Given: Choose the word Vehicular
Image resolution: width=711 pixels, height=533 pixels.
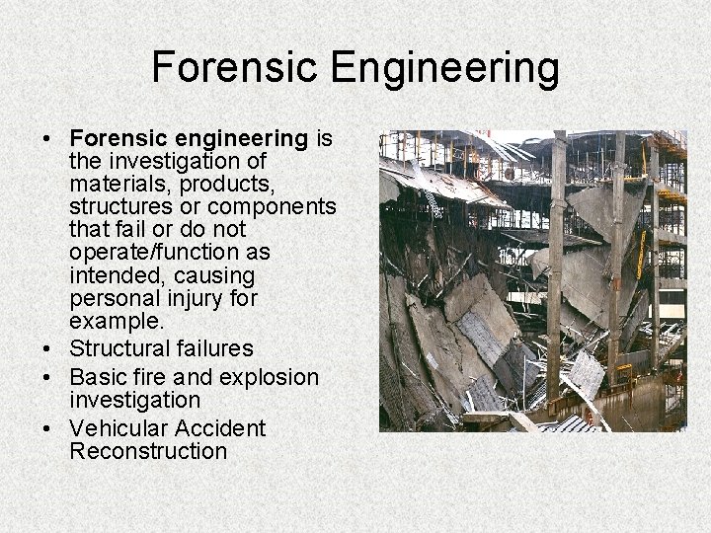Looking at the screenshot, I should (118, 428).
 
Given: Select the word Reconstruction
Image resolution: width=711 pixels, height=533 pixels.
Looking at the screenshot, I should (148, 451).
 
